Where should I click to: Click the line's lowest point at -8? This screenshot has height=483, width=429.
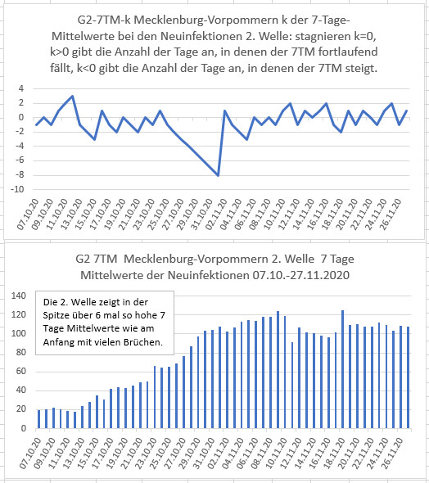[x=218, y=175]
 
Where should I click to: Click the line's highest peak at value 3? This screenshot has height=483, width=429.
[x=72, y=96]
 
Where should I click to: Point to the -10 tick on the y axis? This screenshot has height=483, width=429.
[x=17, y=189]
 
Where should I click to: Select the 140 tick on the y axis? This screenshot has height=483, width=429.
[x=19, y=296]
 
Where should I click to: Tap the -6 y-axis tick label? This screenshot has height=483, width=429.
[x=19, y=160]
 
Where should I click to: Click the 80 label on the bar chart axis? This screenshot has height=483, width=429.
[x=21, y=352]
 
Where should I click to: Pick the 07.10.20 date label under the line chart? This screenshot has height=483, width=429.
[x=29, y=214]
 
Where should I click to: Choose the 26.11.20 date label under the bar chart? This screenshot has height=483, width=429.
[x=391, y=454]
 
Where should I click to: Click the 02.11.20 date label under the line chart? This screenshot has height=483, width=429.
[x=216, y=214]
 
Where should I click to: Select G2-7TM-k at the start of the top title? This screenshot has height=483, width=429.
[x=104, y=20]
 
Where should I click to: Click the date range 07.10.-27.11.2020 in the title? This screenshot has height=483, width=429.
[x=301, y=275]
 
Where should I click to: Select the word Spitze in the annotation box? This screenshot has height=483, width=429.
[x=54, y=316]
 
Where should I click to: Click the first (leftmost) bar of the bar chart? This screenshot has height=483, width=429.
[x=38, y=419]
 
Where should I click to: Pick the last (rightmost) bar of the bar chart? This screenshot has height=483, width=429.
[x=408, y=377]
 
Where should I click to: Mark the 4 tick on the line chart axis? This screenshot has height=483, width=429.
[x=21, y=89]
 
